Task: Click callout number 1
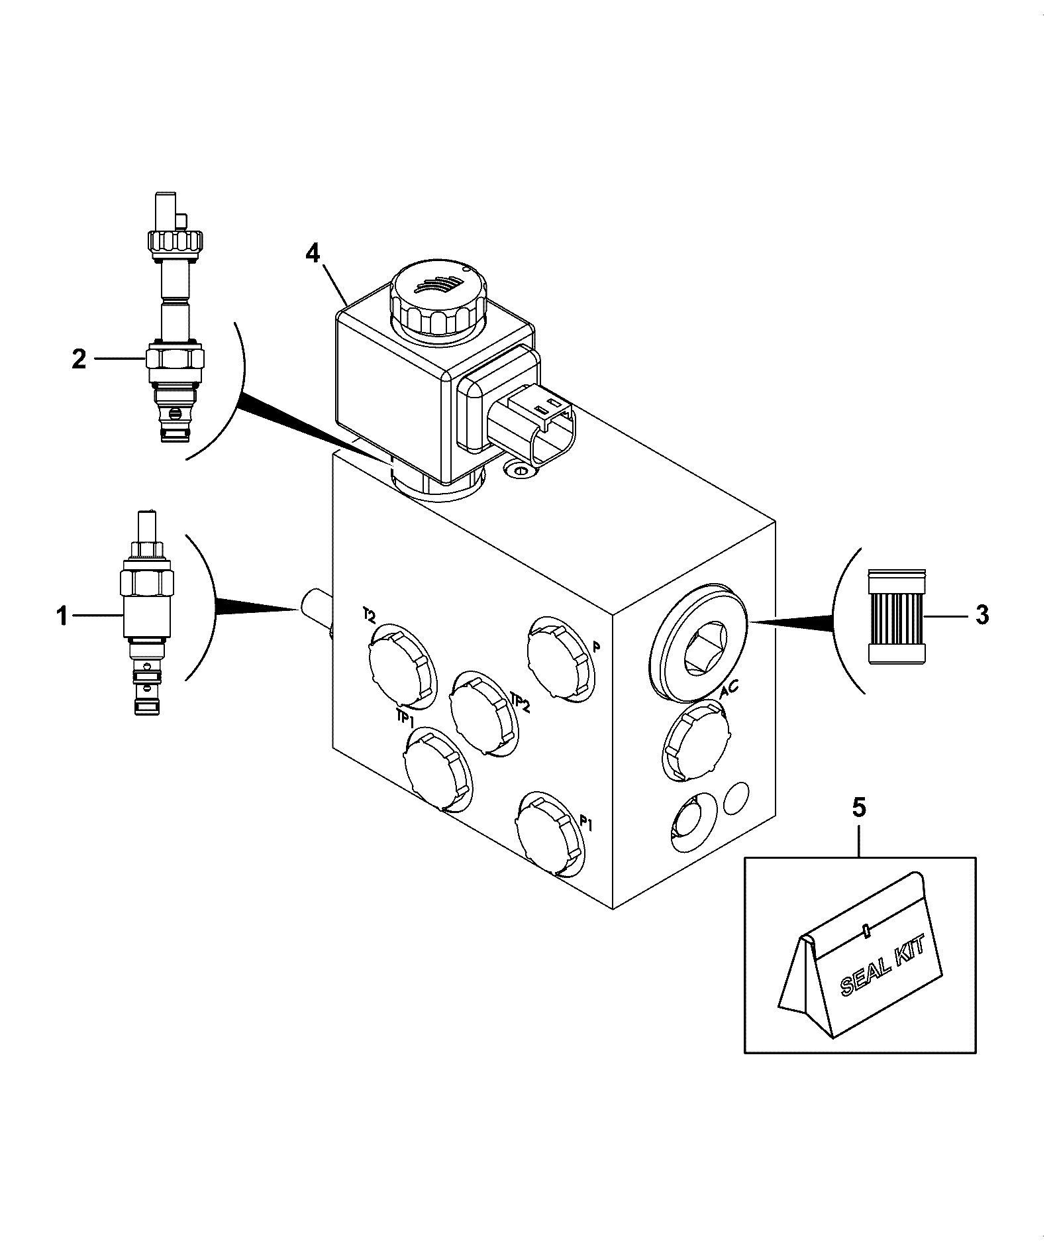(62, 617)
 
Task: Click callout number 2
(79, 359)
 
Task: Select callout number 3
(982, 615)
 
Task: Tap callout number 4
(313, 253)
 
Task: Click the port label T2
(369, 616)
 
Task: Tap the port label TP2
(520, 701)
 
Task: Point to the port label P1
(586, 823)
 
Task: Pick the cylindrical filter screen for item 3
(896, 616)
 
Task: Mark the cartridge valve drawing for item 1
(146, 612)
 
